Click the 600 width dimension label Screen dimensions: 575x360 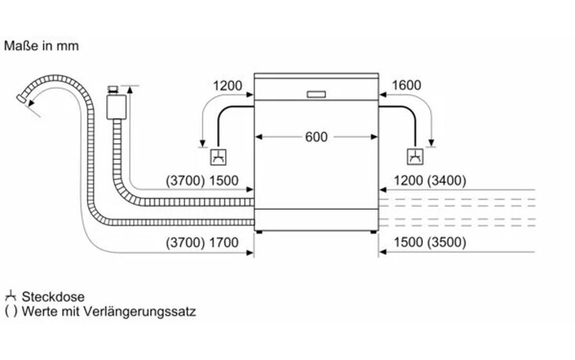[316, 137]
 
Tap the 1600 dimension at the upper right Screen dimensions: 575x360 [406, 85]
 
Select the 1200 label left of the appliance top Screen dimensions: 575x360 [228, 86]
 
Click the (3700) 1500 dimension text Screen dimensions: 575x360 [202, 180]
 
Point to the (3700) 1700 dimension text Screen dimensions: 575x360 [202, 243]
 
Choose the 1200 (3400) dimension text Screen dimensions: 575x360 [430, 180]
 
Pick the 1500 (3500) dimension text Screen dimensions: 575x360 [430, 243]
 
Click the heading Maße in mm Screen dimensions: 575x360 [41, 46]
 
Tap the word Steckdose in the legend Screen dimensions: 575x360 [54, 296]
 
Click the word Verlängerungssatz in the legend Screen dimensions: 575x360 [139, 312]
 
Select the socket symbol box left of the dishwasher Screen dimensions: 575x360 [218, 157]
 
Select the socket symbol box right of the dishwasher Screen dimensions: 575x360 [415, 157]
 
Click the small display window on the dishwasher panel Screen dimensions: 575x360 [316, 95]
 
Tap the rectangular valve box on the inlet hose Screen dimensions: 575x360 [117, 106]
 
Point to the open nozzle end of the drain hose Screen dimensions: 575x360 [22, 98]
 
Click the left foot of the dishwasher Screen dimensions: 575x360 [260, 232]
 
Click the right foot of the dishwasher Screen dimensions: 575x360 [373, 232]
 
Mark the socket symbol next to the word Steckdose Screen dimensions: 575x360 [11, 296]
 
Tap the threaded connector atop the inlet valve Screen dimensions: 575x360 [113, 90]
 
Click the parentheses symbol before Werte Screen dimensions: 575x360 [11, 312]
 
